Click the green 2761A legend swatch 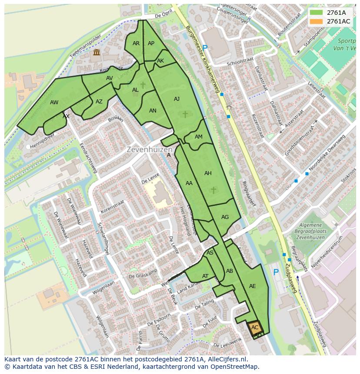pos(316,13)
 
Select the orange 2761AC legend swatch pos(316,21)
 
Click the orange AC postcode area pos(255,328)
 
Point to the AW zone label pos(54,103)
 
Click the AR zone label pos(136,43)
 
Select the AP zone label pos(151,43)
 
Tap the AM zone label pos(198,136)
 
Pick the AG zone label pos(225,217)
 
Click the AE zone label pos(252,286)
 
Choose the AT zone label pos(205,276)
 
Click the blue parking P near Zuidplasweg pos(276,272)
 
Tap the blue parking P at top pos(205,48)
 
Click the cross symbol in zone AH pos(213,190)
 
